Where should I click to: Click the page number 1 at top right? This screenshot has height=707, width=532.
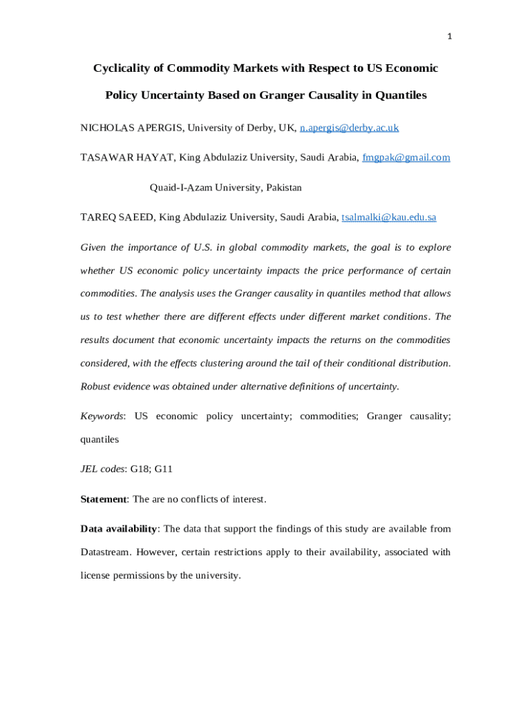(449, 37)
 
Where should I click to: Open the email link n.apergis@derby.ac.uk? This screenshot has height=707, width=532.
(349, 128)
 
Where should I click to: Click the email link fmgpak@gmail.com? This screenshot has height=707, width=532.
(406, 157)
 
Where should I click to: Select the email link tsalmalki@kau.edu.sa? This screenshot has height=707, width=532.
(389, 217)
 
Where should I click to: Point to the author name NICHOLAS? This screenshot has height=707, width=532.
(107, 128)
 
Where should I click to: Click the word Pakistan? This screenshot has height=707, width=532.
(283, 188)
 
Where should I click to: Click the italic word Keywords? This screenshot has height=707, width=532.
(102, 416)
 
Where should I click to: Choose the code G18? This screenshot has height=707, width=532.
(140, 469)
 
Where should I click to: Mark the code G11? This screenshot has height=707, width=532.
(163, 469)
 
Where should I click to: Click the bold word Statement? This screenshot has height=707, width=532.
(104, 499)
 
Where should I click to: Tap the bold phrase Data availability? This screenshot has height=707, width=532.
(119, 529)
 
